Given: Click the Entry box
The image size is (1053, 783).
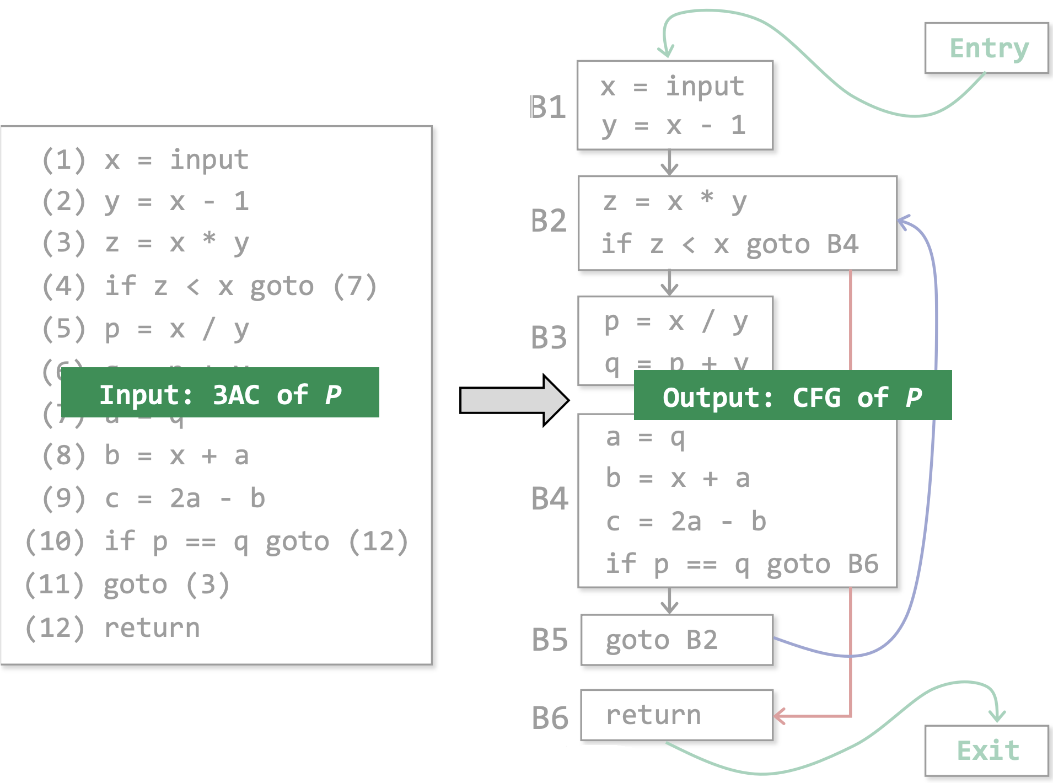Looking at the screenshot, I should (x=986, y=48).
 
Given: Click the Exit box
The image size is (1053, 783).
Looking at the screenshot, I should (x=986, y=750).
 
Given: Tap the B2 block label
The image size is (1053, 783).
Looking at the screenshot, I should (x=548, y=221).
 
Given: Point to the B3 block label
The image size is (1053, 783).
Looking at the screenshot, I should (x=549, y=337).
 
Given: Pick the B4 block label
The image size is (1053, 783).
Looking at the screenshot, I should (x=549, y=498).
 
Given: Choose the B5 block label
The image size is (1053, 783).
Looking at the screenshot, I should (x=549, y=640).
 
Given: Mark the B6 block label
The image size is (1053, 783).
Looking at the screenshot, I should (x=549, y=718).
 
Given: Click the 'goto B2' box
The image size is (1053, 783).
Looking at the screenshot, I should (x=676, y=640).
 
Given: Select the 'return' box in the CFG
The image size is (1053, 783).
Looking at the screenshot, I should (x=676, y=715).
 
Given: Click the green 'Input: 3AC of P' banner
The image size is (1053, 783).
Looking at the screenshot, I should (x=220, y=393).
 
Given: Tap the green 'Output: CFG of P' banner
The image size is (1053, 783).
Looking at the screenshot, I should (x=792, y=395).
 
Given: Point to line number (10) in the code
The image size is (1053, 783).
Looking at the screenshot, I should (x=55, y=541).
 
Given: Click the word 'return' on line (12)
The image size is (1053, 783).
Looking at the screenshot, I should (x=152, y=628).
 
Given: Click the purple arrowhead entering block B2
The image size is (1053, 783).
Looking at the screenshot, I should (x=903, y=222).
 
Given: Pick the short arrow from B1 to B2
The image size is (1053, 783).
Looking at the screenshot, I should (x=669, y=163).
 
